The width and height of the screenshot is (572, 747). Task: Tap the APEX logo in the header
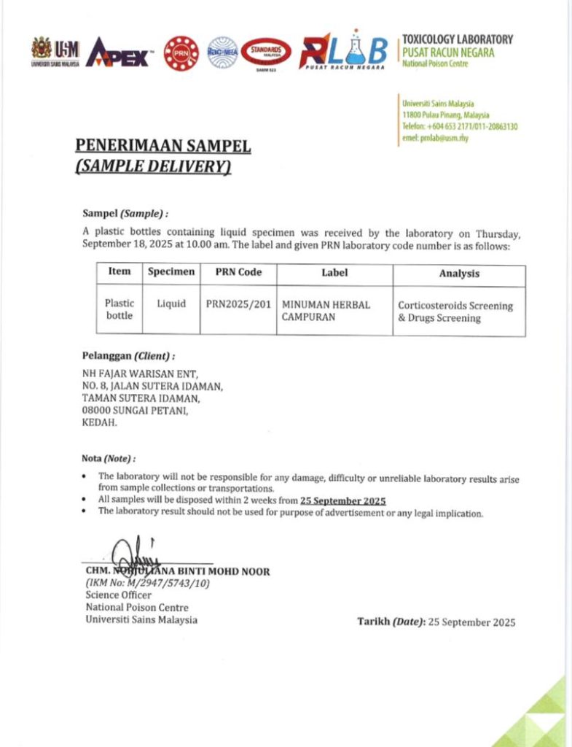tap(119, 53)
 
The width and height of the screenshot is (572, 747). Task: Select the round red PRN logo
tap(181, 53)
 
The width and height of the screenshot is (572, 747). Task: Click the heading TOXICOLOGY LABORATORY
tap(457, 39)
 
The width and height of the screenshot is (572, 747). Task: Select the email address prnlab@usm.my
tap(435, 138)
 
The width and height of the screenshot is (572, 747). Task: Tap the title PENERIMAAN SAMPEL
tap(163, 147)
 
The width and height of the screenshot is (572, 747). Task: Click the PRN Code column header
tap(238, 272)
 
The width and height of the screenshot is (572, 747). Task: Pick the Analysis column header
tap(459, 274)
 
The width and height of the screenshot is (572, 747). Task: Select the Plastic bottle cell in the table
tap(119, 309)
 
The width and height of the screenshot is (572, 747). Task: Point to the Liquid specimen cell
tap(171, 303)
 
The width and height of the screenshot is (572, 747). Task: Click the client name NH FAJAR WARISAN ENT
tap(136, 374)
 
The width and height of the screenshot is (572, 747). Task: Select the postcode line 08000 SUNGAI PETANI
tap(136, 410)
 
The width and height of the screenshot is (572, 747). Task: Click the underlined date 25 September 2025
tap(342, 500)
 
